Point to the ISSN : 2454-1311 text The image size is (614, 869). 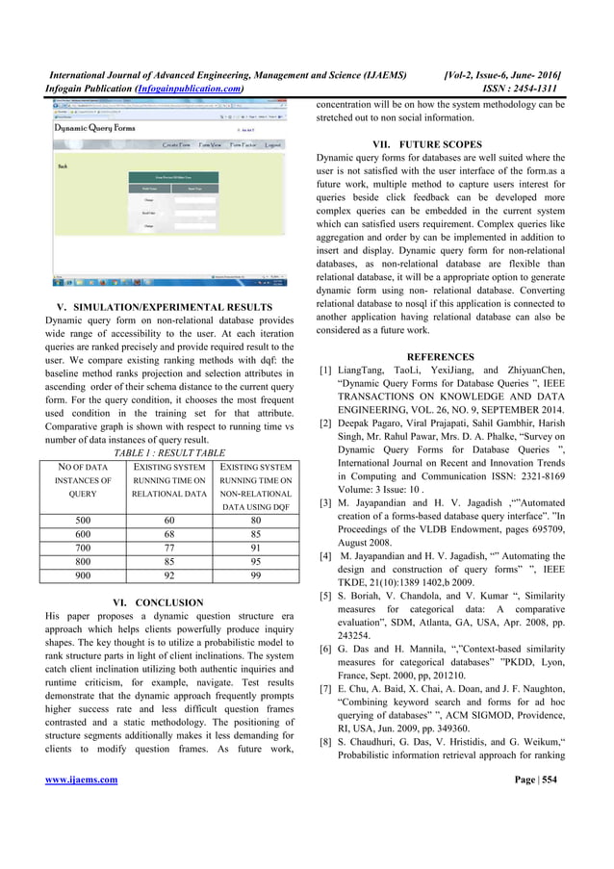click(519, 88)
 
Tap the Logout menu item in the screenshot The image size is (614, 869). click(273, 145)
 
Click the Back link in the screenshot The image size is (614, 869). click(63, 166)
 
